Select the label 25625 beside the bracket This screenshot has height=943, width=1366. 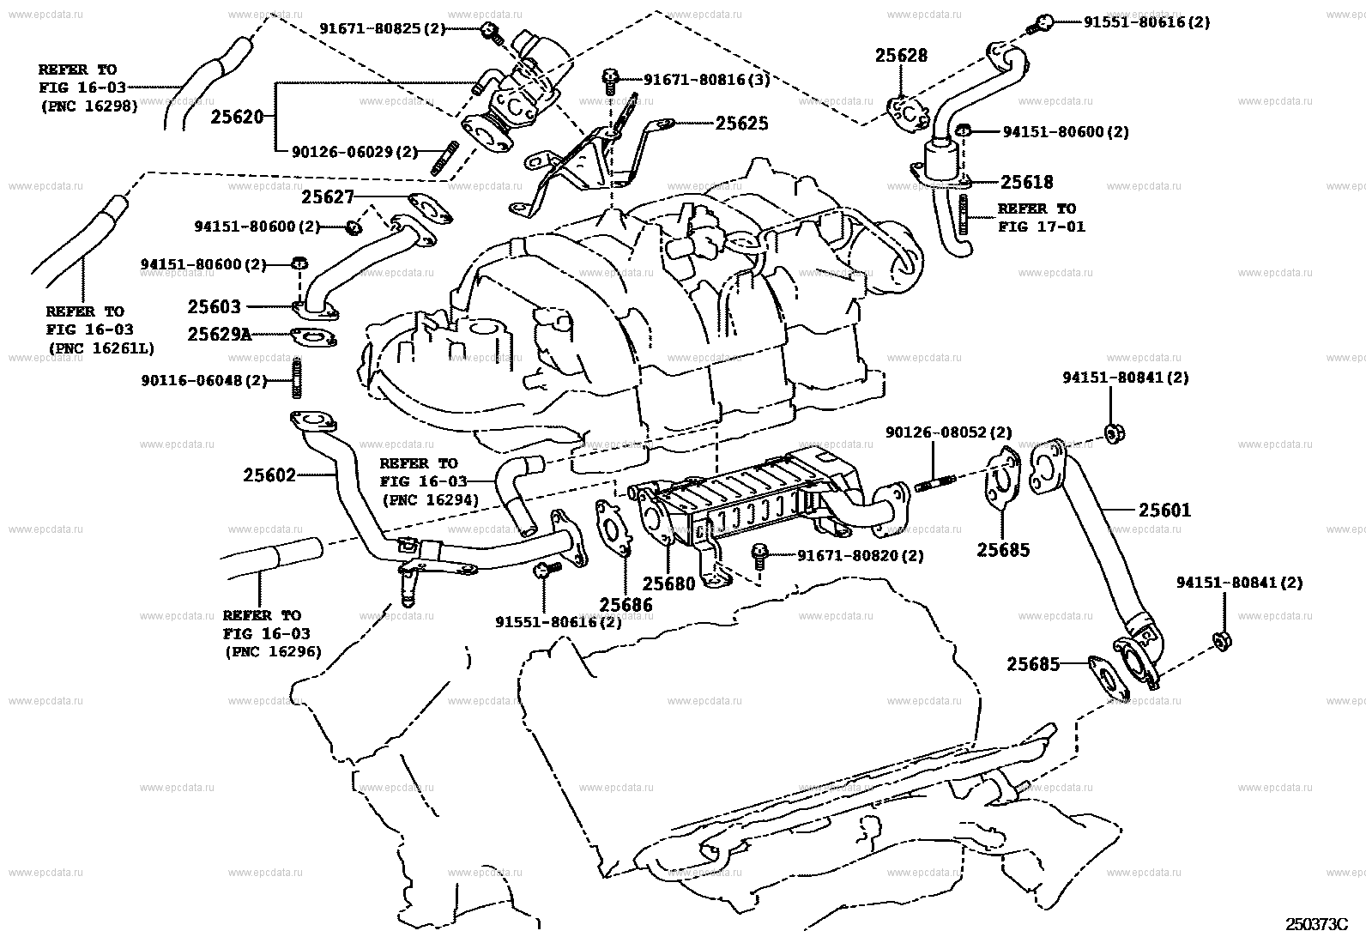pyautogui.click(x=741, y=124)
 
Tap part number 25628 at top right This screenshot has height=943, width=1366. pyautogui.click(x=901, y=56)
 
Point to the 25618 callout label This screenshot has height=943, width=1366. pyautogui.click(x=1026, y=182)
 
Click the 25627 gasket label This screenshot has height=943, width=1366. pyautogui.click(x=328, y=196)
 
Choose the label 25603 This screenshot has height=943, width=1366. pyautogui.click(x=215, y=306)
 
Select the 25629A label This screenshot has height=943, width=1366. pyautogui.click(x=220, y=334)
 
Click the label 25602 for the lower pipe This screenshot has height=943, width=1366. pyautogui.click(x=269, y=475)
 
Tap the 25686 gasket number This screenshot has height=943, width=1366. pyautogui.click(x=626, y=605)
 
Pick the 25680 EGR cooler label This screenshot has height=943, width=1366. pyautogui.click(x=669, y=584)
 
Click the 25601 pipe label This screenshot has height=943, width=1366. pyautogui.click(x=1164, y=511)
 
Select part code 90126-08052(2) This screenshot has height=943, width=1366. pyautogui.click(x=948, y=433)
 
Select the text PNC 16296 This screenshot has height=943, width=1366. pyautogui.click(x=273, y=652)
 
